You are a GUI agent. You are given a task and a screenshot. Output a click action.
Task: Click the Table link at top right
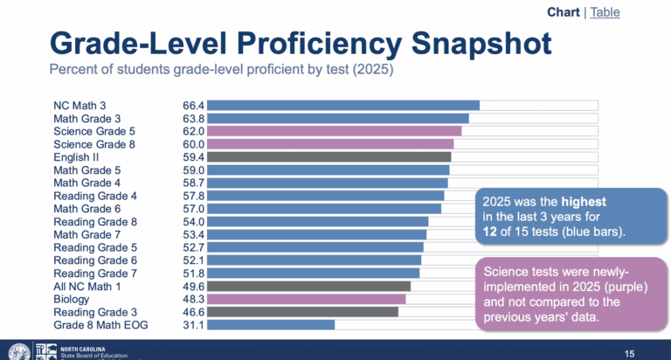click(630, 12)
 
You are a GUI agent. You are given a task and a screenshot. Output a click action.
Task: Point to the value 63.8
click(192, 119)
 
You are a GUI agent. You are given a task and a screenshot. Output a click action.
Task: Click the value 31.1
click(192, 325)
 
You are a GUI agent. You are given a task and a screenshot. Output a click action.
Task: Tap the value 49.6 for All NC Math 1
click(192, 286)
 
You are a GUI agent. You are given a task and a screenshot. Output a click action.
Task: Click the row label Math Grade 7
click(86, 234)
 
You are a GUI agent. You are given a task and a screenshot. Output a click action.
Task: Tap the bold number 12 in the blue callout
click(492, 232)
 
